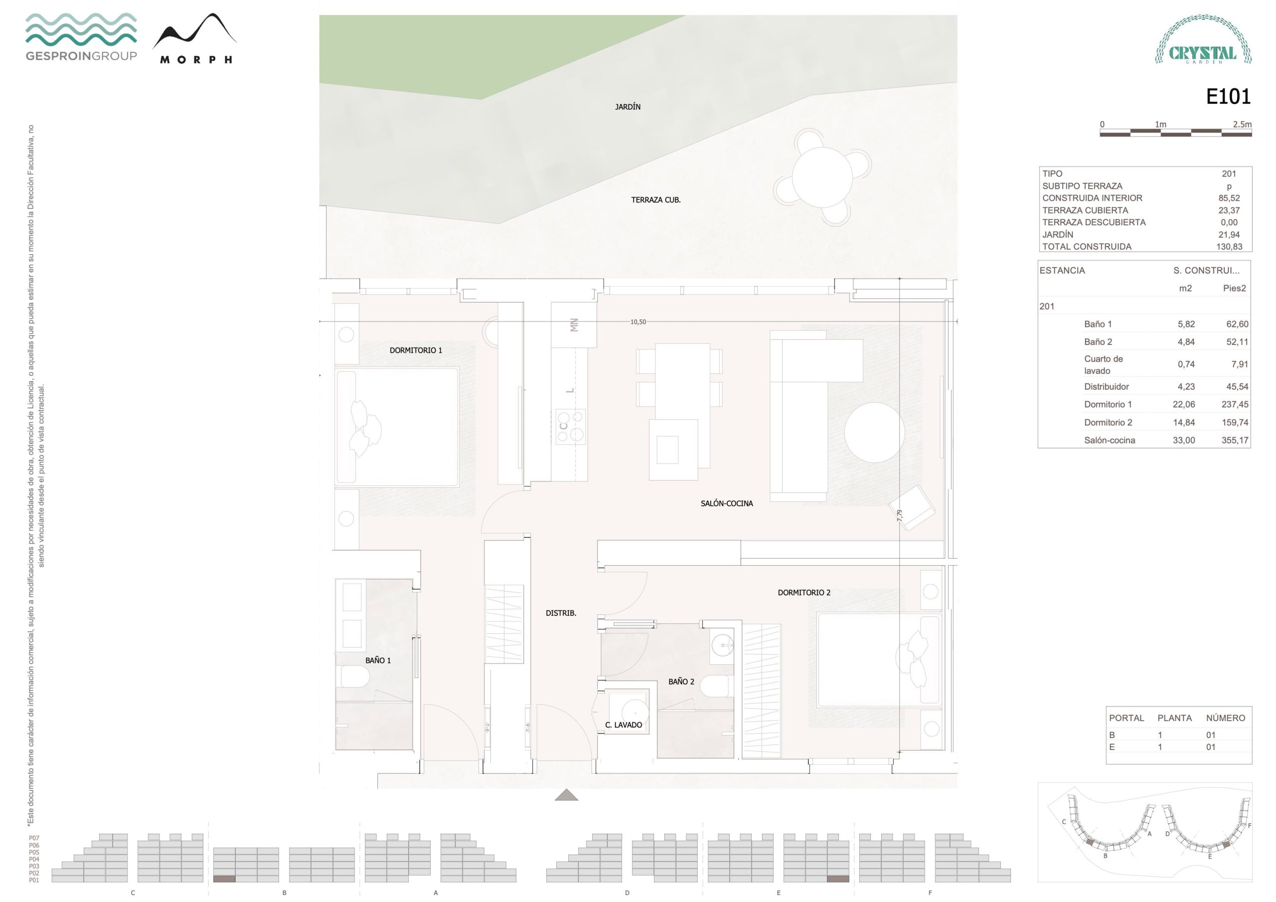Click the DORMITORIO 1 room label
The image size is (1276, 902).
point(416,350)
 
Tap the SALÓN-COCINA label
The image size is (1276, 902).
point(726,503)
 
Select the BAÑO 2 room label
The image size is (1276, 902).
point(681,681)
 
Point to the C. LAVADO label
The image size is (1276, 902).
point(624,725)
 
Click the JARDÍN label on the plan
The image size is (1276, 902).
point(628,107)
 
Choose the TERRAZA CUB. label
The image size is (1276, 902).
point(656,199)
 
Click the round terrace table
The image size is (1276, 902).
point(822,177)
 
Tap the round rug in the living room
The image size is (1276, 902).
point(874,433)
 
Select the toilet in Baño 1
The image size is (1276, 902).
point(355,676)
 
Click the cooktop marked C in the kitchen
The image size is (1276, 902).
point(571,426)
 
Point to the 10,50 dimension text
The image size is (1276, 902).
point(638,322)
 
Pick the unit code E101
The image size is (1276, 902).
point(1228,97)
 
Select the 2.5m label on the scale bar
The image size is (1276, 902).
point(1242,124)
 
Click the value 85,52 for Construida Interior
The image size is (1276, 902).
point(1229,198)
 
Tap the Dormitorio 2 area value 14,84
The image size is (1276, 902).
point(1184,423)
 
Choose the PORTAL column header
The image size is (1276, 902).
point(1126,718)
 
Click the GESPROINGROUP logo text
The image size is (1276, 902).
point(81,56)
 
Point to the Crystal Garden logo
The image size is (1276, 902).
point(1203,39)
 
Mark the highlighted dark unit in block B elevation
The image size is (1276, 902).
point(224,879)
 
